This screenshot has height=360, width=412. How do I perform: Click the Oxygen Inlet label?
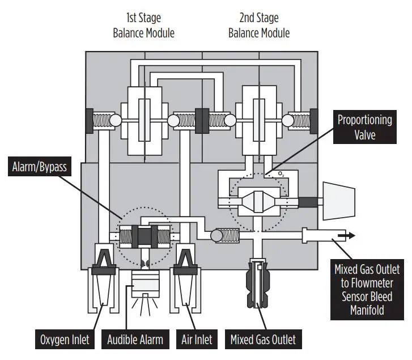(64, 340)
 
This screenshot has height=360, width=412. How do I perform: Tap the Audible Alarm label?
(135, 340)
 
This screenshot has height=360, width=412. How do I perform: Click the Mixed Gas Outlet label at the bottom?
(262, 340)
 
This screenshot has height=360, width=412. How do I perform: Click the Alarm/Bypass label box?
(39, 168)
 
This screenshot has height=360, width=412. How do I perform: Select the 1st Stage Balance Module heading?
(143, 26)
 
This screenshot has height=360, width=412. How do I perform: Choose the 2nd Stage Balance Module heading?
(259, 26)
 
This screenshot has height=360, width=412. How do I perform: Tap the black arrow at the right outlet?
(347, 235)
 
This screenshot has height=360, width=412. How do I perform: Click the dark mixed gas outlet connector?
(259, 283)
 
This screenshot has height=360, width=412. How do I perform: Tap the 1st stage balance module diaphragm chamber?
(145, 120)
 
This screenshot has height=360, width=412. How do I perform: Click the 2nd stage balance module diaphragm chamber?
(260, 120)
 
